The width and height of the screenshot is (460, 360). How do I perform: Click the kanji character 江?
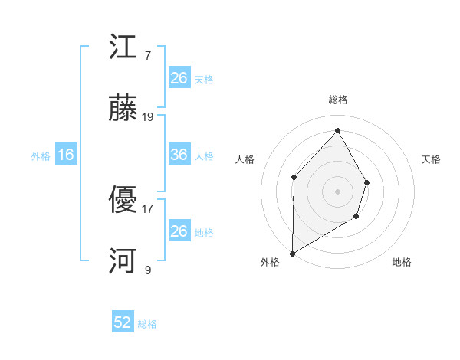pos(123,48)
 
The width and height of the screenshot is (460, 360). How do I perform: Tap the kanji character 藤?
pos(123,110)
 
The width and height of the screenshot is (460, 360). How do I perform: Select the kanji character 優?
pos(123,201)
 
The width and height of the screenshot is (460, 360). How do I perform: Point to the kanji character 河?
pos(123,263)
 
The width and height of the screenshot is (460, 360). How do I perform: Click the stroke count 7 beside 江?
pos(148,55)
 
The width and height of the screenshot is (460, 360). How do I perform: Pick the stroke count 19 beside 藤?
pos(148,117)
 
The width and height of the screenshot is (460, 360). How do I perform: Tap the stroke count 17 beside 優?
pos(148,208)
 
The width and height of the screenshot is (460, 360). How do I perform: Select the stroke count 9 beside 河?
pos(148,270)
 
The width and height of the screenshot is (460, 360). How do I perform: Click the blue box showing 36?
pos(179,155)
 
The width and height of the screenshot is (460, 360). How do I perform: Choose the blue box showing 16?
pos(66,155)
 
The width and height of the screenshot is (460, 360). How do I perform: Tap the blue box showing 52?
pos(123,322)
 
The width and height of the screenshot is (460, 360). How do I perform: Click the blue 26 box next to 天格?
pos(179,77)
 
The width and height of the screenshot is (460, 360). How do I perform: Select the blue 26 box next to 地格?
pos(179,231)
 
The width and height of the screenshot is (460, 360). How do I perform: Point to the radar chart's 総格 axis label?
pos(337,100)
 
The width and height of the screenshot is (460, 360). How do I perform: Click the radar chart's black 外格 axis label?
pos(270,262)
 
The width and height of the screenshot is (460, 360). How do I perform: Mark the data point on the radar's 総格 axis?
pos(337,130)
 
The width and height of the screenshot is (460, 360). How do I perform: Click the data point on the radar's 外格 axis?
pos(292,253)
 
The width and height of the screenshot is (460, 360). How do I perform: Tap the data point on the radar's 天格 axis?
pos(367,182)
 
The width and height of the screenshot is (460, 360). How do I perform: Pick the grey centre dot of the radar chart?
pos(337,191)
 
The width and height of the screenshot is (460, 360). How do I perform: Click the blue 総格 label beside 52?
pos(147,324)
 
